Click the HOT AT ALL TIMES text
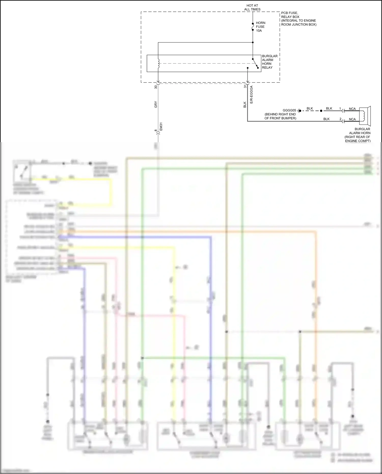click(x=252, y=7)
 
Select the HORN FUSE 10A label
click(x=260, y=27)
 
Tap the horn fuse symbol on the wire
click(x=253, y=26)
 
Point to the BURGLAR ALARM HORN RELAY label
click(x=270, y=62)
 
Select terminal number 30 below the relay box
click(x=156, y=87)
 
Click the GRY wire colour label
click(x=156, y=104)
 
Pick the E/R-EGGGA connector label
click(x=251, y=95)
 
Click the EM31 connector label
click(x=161, y=127)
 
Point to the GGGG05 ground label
click(x=289, y=111)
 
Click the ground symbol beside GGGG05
click(x=298, y=111)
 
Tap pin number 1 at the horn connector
click(x=340, y=109)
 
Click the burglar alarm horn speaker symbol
click(x=365, y=116)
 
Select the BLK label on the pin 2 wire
click(x=326, y=119)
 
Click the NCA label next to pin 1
click(x=352, y=109)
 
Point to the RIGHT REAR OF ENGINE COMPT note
click(x=358, y=139)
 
